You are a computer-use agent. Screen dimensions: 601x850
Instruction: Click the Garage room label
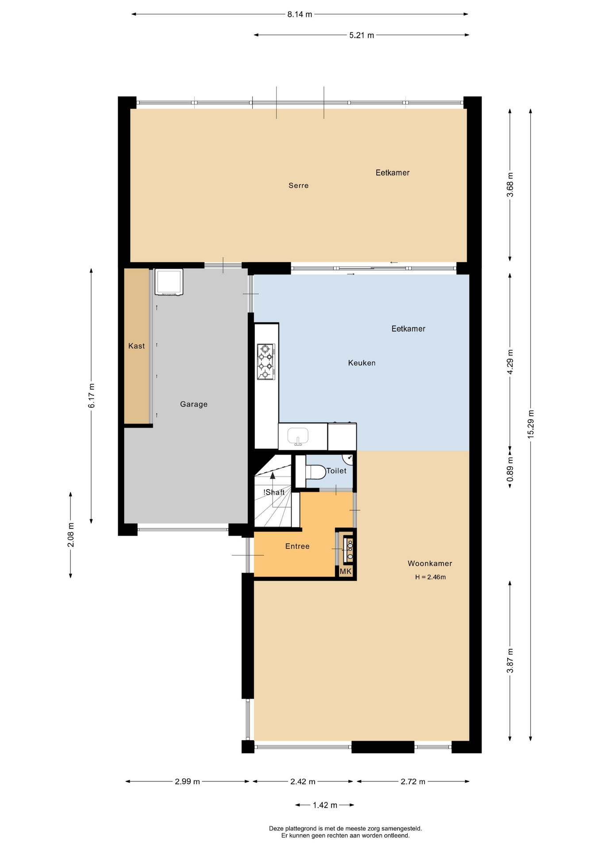point(194,404)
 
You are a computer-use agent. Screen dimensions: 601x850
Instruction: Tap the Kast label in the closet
point(136,346)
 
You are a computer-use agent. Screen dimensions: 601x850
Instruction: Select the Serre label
point(298,185)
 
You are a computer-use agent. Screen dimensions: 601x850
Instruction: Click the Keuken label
point(362,363)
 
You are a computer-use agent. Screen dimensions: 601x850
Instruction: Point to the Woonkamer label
point(430,564)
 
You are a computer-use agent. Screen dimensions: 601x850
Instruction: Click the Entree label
point(297,546)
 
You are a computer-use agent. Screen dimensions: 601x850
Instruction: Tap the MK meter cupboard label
point(346,572)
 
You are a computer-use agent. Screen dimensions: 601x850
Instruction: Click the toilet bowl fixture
point(316,471)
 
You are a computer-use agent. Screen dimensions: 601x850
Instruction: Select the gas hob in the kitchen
point(266,362)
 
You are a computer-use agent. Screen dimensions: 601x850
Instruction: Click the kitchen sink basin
point(298,437)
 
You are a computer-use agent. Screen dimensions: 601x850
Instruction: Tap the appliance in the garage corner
point(169,282)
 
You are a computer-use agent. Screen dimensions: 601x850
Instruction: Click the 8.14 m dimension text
point(300,14)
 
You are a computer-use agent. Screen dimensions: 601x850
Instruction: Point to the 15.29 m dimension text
point(531,424)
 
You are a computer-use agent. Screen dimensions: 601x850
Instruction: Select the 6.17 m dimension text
point(92,396)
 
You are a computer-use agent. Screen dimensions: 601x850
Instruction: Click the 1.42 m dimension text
point(325,805)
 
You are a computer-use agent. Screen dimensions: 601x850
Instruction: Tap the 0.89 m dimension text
point(510,468)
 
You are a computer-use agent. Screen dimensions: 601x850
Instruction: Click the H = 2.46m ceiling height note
point(430,577)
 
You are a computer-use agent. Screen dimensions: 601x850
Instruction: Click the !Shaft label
point(274,492)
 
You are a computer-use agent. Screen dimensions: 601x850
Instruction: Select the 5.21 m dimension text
point(362,35)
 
